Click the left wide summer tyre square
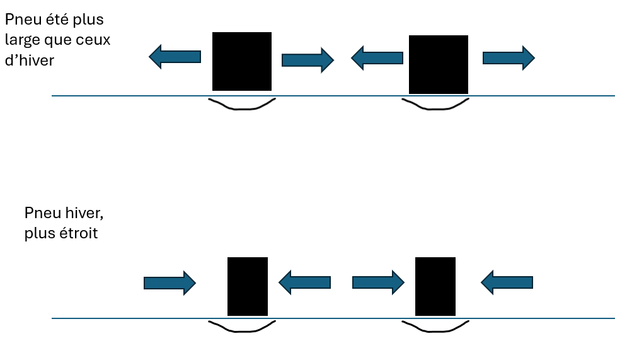(242, 61)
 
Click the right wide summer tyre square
(439, 64)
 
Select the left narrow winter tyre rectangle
(248, 286)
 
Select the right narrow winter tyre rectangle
(435, 286)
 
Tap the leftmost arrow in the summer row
(175, 57)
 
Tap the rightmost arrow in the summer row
(509, 58)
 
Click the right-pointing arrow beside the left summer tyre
(307, 60)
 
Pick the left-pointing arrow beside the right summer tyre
(377, 58)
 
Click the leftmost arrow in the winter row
(170, 283)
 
